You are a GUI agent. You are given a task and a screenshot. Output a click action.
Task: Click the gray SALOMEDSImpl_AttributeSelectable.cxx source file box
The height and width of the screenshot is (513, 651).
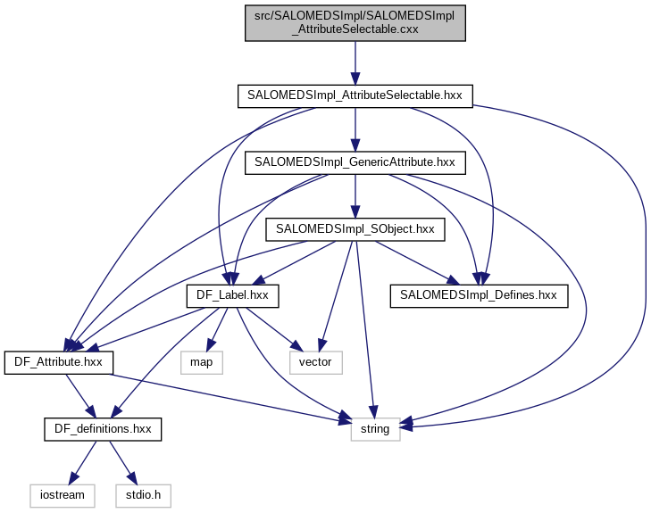tap(355, 22)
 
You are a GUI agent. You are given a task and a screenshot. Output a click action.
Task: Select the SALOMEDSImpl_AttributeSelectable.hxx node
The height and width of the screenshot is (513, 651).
tap(355, 95)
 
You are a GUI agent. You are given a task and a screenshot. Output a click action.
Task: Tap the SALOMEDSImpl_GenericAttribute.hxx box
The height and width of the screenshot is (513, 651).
tap(355, 162)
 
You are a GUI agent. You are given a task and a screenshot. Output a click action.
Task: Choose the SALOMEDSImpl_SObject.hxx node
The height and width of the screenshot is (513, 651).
tap(355, 229)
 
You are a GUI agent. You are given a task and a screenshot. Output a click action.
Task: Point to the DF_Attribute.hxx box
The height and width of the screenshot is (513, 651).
tap(59, 362)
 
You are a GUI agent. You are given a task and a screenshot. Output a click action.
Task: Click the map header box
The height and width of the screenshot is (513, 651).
tap(202, 362)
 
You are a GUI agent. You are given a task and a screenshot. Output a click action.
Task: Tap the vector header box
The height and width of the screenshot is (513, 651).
tap(315, 362)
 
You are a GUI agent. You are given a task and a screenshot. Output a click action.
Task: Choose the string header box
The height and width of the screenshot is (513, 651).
tap(375, 429)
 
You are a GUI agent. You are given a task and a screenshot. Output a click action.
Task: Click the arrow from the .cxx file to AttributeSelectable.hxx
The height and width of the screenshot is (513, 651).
tap(355, 62)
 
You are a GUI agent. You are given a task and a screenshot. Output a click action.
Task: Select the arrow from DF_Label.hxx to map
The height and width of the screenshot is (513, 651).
tap(219, 328)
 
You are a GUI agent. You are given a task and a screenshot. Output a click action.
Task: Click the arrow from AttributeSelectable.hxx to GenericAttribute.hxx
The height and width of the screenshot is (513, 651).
tap(355, 128)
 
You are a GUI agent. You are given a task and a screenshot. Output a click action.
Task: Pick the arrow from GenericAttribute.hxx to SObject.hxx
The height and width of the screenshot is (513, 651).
tap(355, 195)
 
